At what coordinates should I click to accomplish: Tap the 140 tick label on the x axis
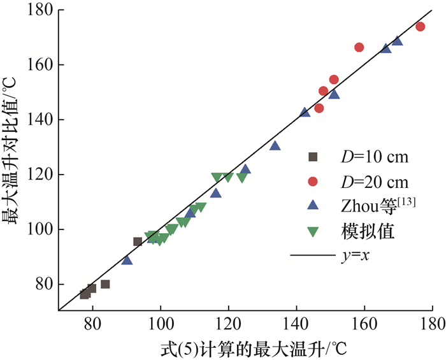296,324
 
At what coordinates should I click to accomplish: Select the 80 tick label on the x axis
92,324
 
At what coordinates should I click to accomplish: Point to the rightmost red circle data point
420,27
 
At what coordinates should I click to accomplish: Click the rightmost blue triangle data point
397,41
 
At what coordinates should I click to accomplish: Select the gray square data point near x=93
138,241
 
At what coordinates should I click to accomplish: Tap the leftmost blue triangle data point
127,260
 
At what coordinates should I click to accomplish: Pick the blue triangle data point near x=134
275,145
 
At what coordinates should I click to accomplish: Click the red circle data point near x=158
359,47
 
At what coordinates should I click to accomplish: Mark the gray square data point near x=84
105,284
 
